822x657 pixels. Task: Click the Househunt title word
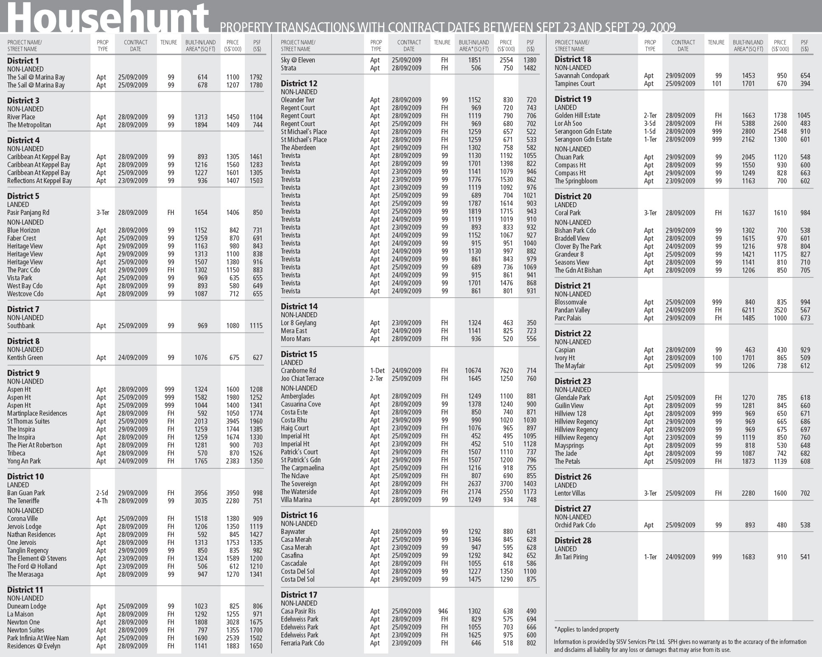(108, 17)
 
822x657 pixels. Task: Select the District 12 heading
(299, 84)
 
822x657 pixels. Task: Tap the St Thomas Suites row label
(28, 421)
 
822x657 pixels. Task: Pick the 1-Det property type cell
(377, 371)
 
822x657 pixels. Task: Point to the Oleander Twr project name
(297, 100)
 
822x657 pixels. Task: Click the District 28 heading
(573, 541)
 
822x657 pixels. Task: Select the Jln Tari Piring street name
(571, 557)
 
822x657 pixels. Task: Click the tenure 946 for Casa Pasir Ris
(443, 612)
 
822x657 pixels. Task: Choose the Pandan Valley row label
(572, 310)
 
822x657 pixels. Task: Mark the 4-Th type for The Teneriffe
(102, 501)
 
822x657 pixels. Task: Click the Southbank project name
(21, 326)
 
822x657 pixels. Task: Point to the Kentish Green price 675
(234, 358)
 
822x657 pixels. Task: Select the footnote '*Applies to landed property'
(586, 629)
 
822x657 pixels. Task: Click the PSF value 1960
(256, 421)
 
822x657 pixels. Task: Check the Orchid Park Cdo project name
(575, 525)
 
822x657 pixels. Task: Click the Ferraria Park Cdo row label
(302, 643)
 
